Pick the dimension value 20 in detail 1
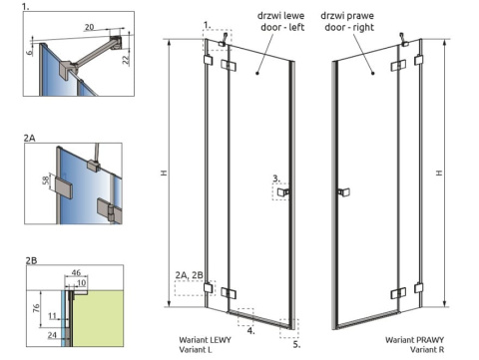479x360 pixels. point(90,29)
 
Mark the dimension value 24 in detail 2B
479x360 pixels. point(52,335)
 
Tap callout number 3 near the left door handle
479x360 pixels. point(275,178)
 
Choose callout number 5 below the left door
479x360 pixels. point(296,343)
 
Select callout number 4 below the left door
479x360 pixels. point(251,326)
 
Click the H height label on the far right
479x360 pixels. point(440,173)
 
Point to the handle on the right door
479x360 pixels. point(341,190)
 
